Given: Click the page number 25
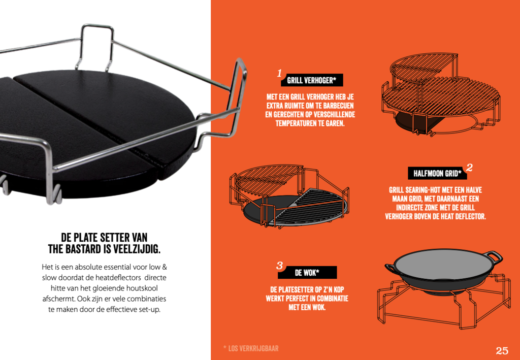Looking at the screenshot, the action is [502, 350].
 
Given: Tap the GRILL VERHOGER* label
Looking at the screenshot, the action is [311, 80].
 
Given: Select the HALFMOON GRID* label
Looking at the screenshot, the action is [437, 173].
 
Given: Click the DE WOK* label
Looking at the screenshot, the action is [307, 273].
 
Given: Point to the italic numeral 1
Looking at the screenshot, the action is [280, 73].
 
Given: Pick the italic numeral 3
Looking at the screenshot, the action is [280, 265].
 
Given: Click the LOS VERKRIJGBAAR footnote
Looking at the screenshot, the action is [251, 348].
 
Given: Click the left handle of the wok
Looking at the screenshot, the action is [391, 268].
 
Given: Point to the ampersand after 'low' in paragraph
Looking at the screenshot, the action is [164, 266].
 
